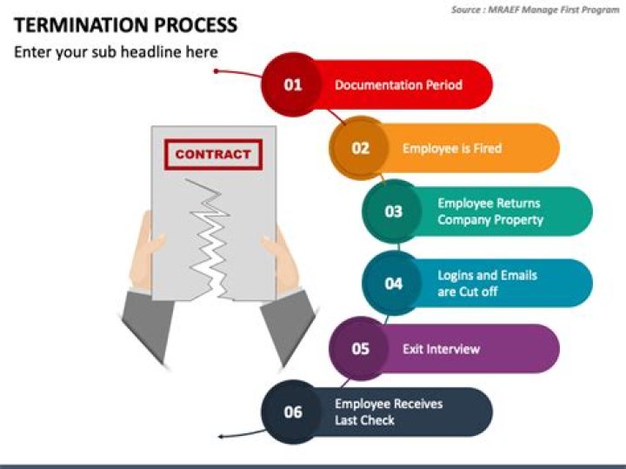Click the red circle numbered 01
pyautogui.click(x=293, y=84)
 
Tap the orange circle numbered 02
pyautogui.click(x=360, y=148)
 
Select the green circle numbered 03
pyautogui.click(x=393, y=211)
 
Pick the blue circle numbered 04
pyautogui.click(x=393, y=283)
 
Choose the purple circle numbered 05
pyautogui.click(x=360, y=349)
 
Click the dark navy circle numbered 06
pyautogui.click(x=293, y=412)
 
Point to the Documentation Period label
pyautogui.click(x=398, y=85)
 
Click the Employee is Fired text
pyautogui.click(x=451, y=149)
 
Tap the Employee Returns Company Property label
pyautogui.click(x=489, y=211)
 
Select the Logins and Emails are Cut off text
pyautogui.click(x=487, y=284)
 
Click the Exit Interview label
pyautogui.click(x=441, y=349)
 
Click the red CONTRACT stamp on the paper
pyautogui.click(x=212, y=155)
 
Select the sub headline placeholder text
pyautogui.click(x=116, y=52)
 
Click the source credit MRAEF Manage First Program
pyautogui.click(x=536, y=10)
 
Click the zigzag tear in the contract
pyautogui.click(x=210, y=235)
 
